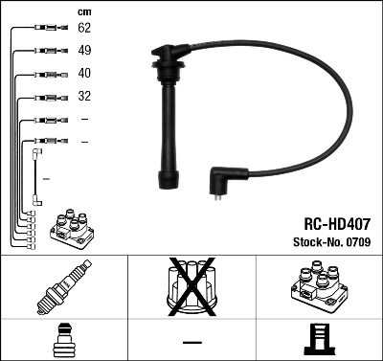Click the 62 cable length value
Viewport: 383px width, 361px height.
point(83,29)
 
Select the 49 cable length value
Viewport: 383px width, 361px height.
point(83,51)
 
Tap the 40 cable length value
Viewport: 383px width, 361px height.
point(83,74)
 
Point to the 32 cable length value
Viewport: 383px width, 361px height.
point(83,97)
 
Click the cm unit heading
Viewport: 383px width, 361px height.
point(83,11)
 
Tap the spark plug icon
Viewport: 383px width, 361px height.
point(63,287)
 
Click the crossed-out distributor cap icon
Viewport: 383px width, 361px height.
point(191,286)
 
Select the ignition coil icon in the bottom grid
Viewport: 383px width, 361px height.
point(318,286)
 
